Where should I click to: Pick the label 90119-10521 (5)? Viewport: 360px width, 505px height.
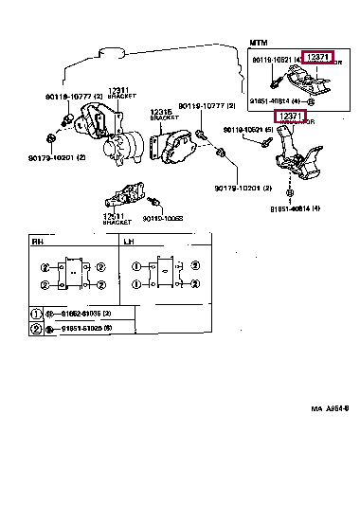coord(247,130)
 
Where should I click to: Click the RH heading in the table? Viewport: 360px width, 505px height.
coord(38,243)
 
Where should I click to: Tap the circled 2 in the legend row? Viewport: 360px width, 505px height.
coord(37,328)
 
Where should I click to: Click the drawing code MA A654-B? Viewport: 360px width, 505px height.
coord(330,408)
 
